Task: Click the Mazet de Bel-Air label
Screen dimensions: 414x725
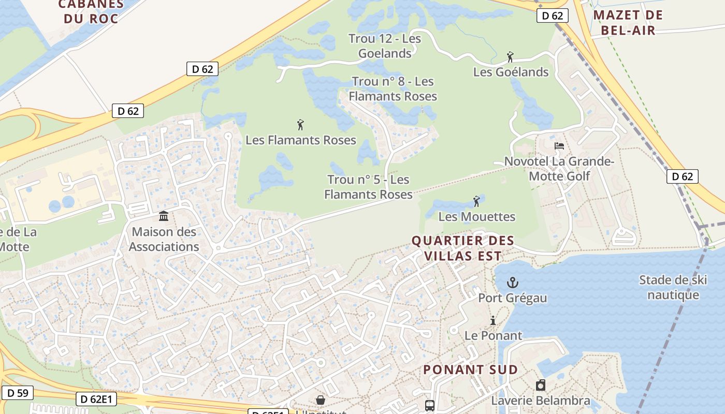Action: (628, 22)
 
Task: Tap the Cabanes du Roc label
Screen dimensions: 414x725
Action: (91, 11)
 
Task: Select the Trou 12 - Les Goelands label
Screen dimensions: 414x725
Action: (385, 46)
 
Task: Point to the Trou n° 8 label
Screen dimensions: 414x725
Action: (393, 88)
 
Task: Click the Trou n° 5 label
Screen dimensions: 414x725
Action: (368, 187)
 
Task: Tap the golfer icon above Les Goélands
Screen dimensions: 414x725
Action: (510, 57)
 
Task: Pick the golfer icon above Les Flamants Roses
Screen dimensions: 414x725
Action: (300, 125)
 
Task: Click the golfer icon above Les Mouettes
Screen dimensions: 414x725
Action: (476, 201)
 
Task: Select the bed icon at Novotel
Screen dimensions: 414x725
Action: (559, 146)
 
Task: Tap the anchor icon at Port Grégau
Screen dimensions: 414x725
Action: (512, 283)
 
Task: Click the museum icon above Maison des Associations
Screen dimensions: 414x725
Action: (164, 216)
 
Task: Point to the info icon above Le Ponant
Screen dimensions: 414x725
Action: (493, 320)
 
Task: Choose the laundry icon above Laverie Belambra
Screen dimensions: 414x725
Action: (541, 385)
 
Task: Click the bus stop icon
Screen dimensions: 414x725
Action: (430, 405)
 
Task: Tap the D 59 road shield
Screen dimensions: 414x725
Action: (17, 393)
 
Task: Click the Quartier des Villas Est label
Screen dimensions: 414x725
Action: (463, 248)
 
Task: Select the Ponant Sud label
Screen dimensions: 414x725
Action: (470, 369)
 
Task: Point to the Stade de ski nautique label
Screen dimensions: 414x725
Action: (673, 287)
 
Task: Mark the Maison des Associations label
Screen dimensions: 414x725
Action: (164, 239)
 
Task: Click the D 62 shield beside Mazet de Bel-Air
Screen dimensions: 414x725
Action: (553, 16)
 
